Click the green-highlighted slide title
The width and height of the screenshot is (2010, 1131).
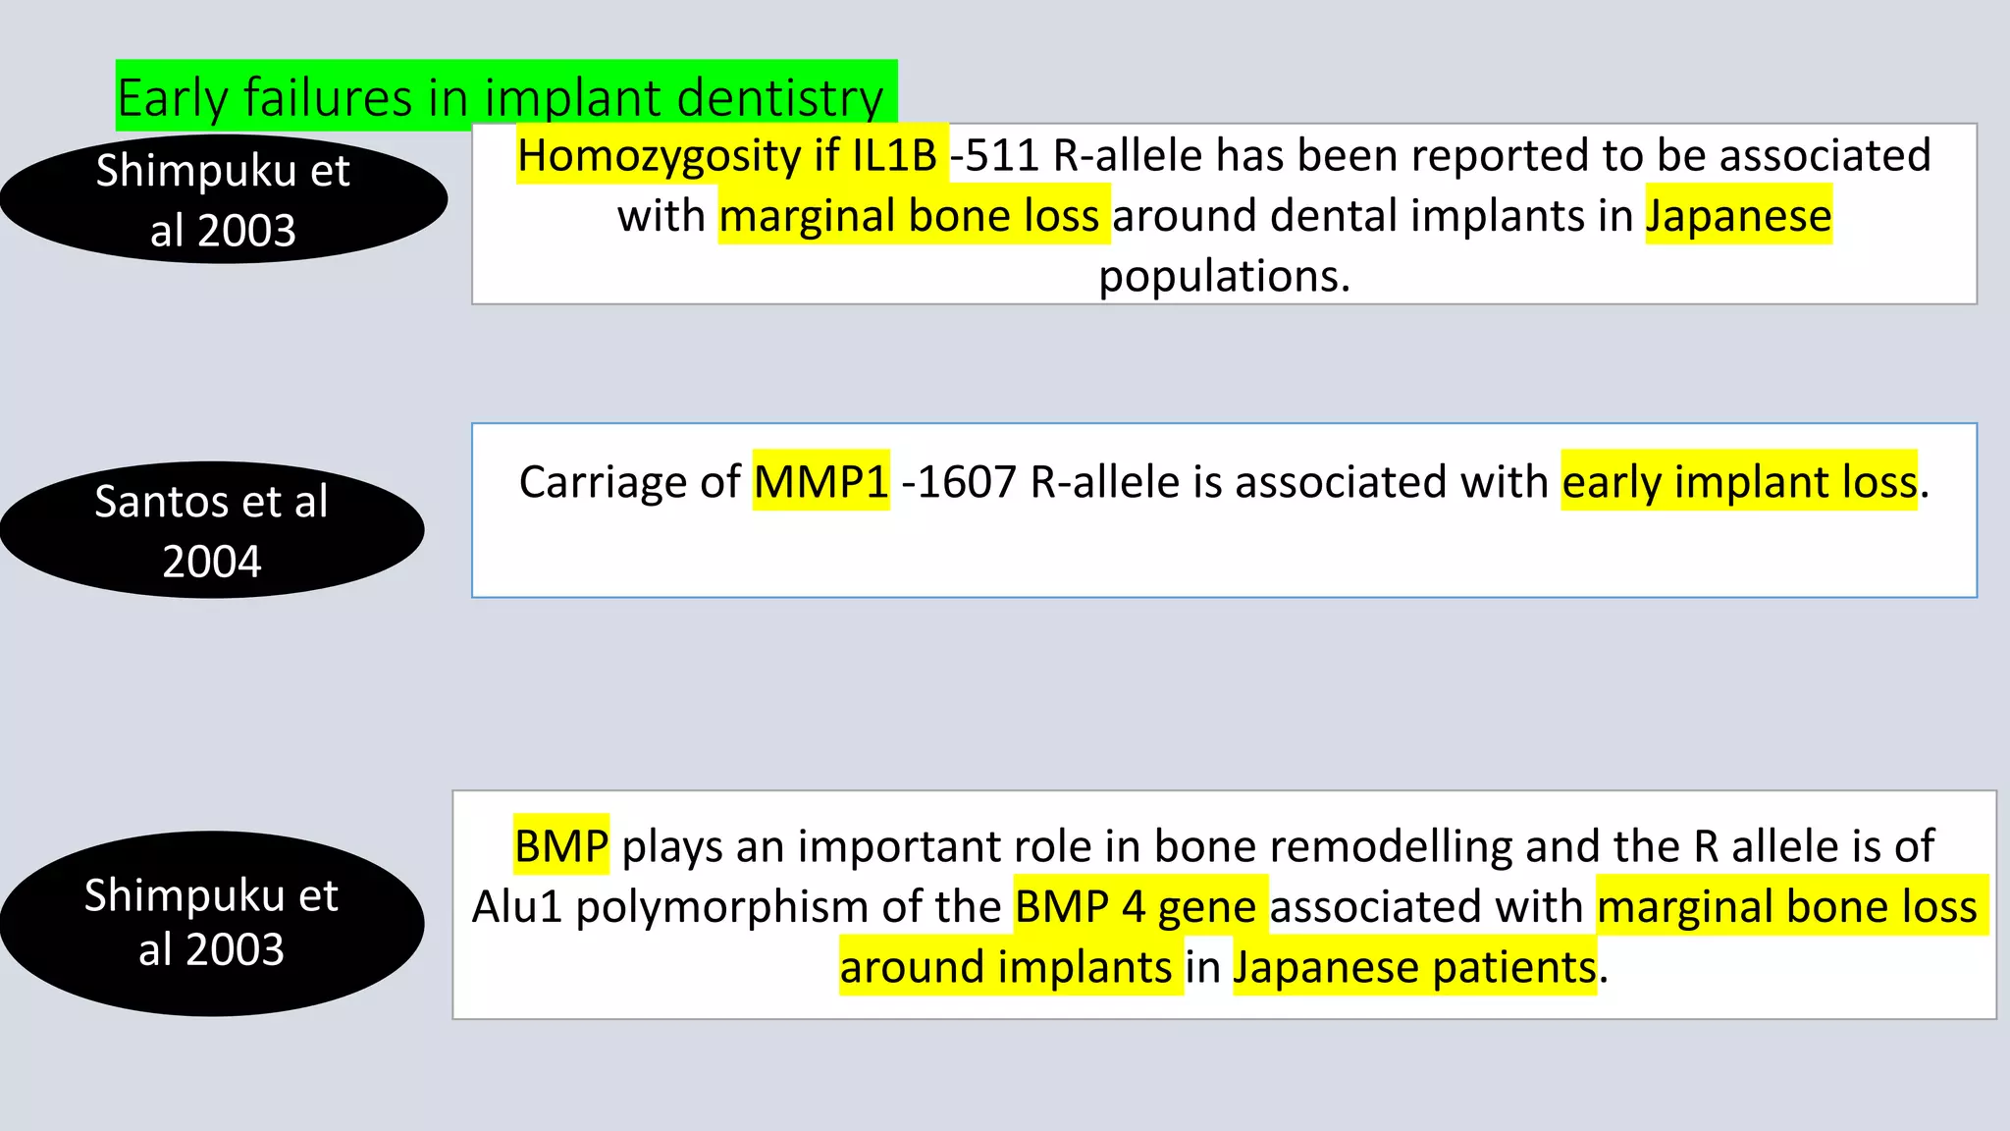pos(505,96)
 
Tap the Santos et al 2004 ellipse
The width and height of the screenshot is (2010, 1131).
pos(212,530)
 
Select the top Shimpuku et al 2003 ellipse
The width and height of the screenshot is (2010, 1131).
pos(224,199)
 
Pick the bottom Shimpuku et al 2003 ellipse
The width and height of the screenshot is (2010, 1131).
pos(212,923)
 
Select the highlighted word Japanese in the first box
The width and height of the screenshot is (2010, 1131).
pos(1738,216)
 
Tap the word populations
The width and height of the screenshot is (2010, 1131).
pos(1224,276)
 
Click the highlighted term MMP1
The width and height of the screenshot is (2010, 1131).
pos(820,482)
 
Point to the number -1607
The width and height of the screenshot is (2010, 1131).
pos(958,482)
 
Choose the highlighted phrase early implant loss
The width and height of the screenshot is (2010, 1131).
pos(1738,482)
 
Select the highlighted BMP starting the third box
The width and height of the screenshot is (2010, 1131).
pos(561,846)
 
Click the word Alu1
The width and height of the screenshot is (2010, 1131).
pos(517,907)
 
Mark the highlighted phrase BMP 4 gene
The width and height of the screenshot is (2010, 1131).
pos(1136,907)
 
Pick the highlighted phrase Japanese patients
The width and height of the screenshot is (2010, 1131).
pos(1414,968)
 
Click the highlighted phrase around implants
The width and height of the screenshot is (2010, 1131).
pos(1006,968)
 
